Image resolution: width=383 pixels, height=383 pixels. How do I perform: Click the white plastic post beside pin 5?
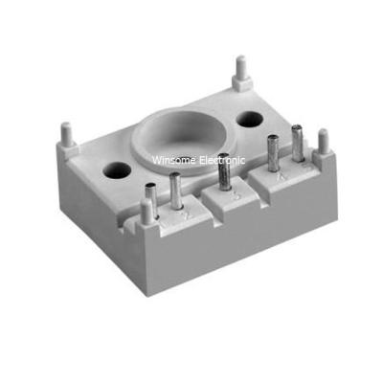[x=324, y=146]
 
